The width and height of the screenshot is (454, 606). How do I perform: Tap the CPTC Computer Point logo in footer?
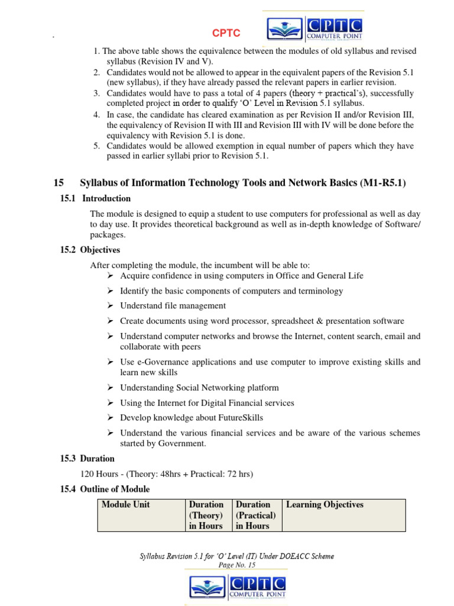point(237,586)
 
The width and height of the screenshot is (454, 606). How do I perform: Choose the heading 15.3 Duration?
point(87,459)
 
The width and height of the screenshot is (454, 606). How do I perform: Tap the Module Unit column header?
point(126,505)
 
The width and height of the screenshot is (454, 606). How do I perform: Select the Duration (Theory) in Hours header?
point(206,515)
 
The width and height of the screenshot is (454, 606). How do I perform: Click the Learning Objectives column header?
point(325,505)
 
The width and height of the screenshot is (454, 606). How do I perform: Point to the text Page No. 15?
point(236,565)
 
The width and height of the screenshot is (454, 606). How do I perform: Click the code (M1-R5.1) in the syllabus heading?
point(382,183)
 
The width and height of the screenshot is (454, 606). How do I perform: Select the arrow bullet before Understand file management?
point(110,306)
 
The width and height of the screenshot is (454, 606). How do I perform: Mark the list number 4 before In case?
point(96,114)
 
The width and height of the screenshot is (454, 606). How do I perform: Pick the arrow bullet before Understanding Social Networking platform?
point(110,388)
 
